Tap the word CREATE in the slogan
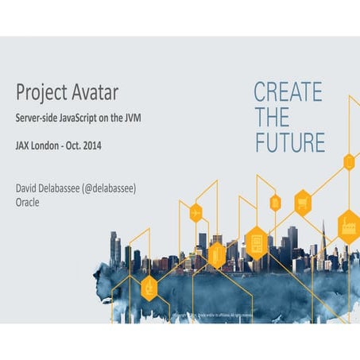pos(288,92)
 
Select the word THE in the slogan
pos(272,118)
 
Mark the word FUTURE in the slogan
pos(289,143)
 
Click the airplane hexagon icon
pos(195,213)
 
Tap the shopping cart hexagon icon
pos(302,203)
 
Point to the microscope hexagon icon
pos(149,288)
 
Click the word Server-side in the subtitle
pos(36,118)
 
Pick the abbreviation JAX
pos(25,146)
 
